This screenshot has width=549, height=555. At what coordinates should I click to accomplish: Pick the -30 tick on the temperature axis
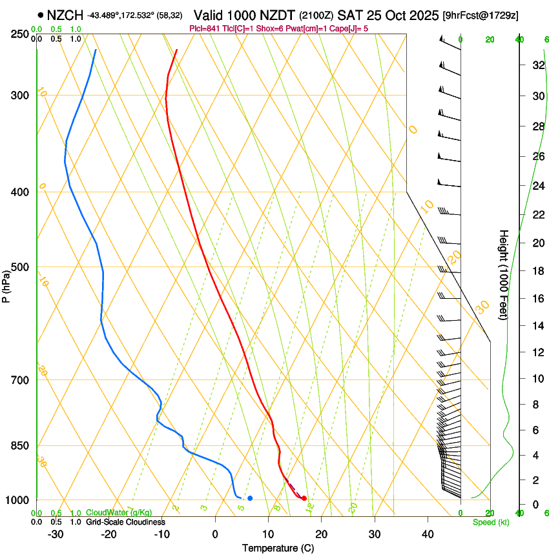pos(56,534)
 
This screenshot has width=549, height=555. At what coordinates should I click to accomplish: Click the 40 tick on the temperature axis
pos(427,534)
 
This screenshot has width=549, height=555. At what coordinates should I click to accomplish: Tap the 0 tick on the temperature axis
pos(215,534)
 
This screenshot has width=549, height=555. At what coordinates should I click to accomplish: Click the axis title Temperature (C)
pos(278,548)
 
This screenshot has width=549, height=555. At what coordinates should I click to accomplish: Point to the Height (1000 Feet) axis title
pos(504,274)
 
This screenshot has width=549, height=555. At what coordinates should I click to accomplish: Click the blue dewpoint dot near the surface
pos(250,498)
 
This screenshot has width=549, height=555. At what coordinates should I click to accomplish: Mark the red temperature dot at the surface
pos(304,498)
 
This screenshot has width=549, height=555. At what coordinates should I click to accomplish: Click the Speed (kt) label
pos(490,522)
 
